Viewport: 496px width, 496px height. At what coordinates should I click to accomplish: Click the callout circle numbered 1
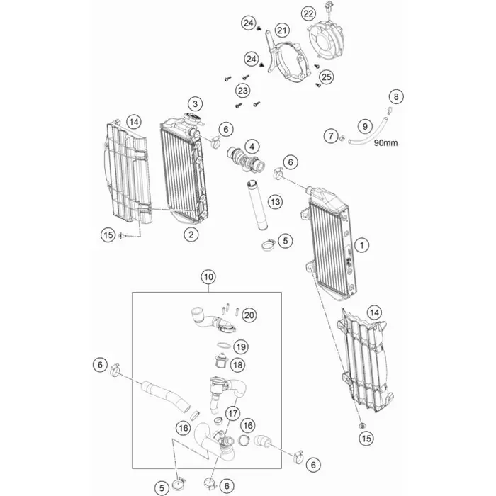click(362, 245)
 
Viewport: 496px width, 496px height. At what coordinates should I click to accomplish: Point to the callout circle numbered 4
click(252, 146)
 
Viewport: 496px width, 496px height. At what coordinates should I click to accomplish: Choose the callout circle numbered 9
click(366, 126)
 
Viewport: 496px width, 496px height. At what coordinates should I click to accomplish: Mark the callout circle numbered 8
click(396, 96)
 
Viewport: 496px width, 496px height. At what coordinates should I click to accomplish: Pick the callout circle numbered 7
click(330, 135)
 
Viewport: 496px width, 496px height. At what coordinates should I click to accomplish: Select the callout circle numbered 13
click(275, 203)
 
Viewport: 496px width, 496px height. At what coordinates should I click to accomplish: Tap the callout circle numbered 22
click(308, 13)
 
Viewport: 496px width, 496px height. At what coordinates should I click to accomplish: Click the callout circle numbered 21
click(283, 30)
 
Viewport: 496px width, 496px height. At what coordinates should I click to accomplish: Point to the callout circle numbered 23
click(243, 91)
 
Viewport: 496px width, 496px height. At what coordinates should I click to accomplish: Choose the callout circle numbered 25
click(326, 76)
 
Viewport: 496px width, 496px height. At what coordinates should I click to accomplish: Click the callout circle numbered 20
click(247, 314)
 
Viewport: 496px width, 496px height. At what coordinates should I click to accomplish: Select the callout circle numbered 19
click(241, 346)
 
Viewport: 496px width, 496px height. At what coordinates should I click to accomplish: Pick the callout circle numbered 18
click(237, 364)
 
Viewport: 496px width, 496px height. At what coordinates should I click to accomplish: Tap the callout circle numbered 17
click(232, 412)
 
